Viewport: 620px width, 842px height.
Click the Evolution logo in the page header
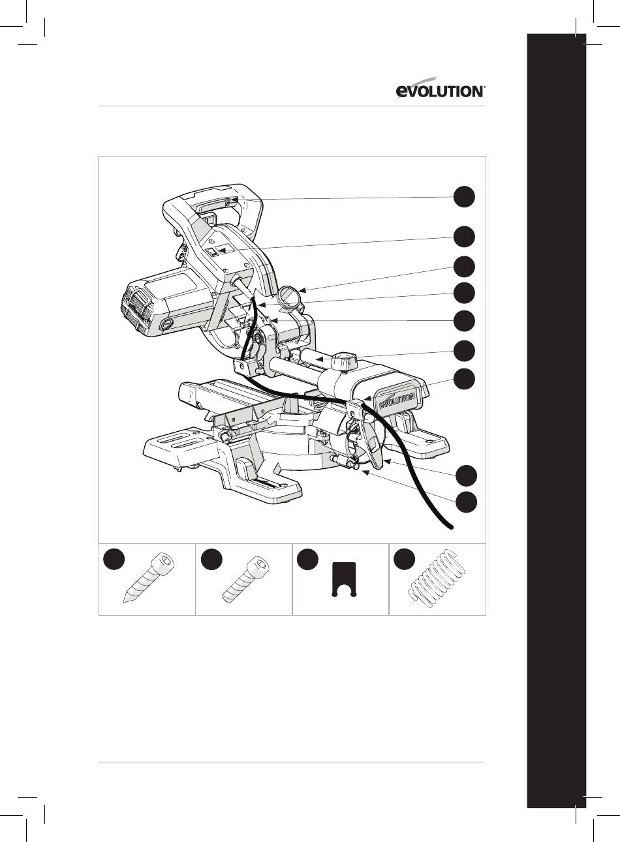pos(441,89)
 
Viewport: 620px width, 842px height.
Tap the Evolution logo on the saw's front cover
pos(397,400)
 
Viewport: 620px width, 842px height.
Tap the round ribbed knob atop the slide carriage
pos(343,361)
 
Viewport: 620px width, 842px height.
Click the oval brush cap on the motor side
pos(166,323)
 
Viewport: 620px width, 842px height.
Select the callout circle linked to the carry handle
pos(464,196)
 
